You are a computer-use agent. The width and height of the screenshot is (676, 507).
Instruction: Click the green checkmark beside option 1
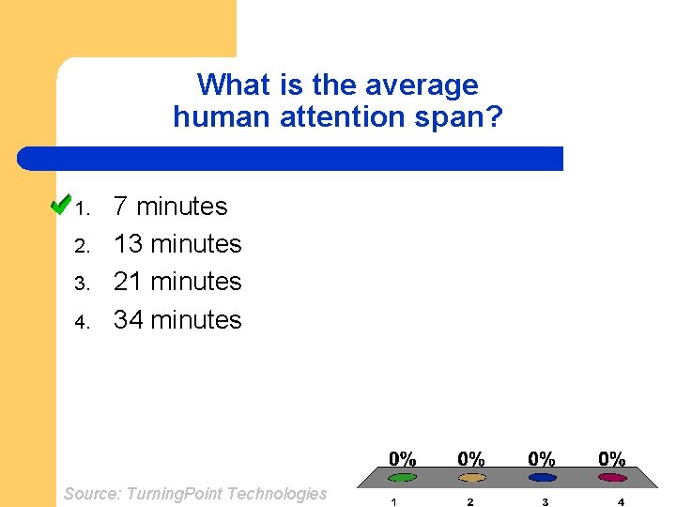[60, 204]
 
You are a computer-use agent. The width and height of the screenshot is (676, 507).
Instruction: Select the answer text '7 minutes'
[170, 207]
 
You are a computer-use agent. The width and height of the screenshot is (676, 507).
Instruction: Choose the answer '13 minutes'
[177, 244]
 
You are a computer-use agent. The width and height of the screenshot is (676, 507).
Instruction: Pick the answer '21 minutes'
[177, 282]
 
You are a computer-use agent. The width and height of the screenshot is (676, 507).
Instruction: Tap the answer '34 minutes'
[177, 319]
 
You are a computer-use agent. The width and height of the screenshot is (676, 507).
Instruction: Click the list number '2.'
[82, 247]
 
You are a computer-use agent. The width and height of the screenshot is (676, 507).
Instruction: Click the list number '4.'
[82, 322]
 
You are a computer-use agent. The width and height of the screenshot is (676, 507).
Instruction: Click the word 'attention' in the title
[344, 117]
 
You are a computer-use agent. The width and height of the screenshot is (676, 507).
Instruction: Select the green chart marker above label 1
[402, 478]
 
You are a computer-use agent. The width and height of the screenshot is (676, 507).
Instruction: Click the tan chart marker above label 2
[471, 478]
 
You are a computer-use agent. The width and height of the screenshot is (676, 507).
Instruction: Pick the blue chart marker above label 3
[542, 478]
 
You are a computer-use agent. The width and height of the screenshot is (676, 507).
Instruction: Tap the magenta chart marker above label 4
[612, 478]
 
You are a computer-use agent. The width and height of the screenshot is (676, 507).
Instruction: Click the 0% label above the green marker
[402, 459]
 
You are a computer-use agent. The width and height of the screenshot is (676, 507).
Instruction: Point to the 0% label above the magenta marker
[612, 459]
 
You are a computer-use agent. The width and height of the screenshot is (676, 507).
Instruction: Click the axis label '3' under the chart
[545, 501]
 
